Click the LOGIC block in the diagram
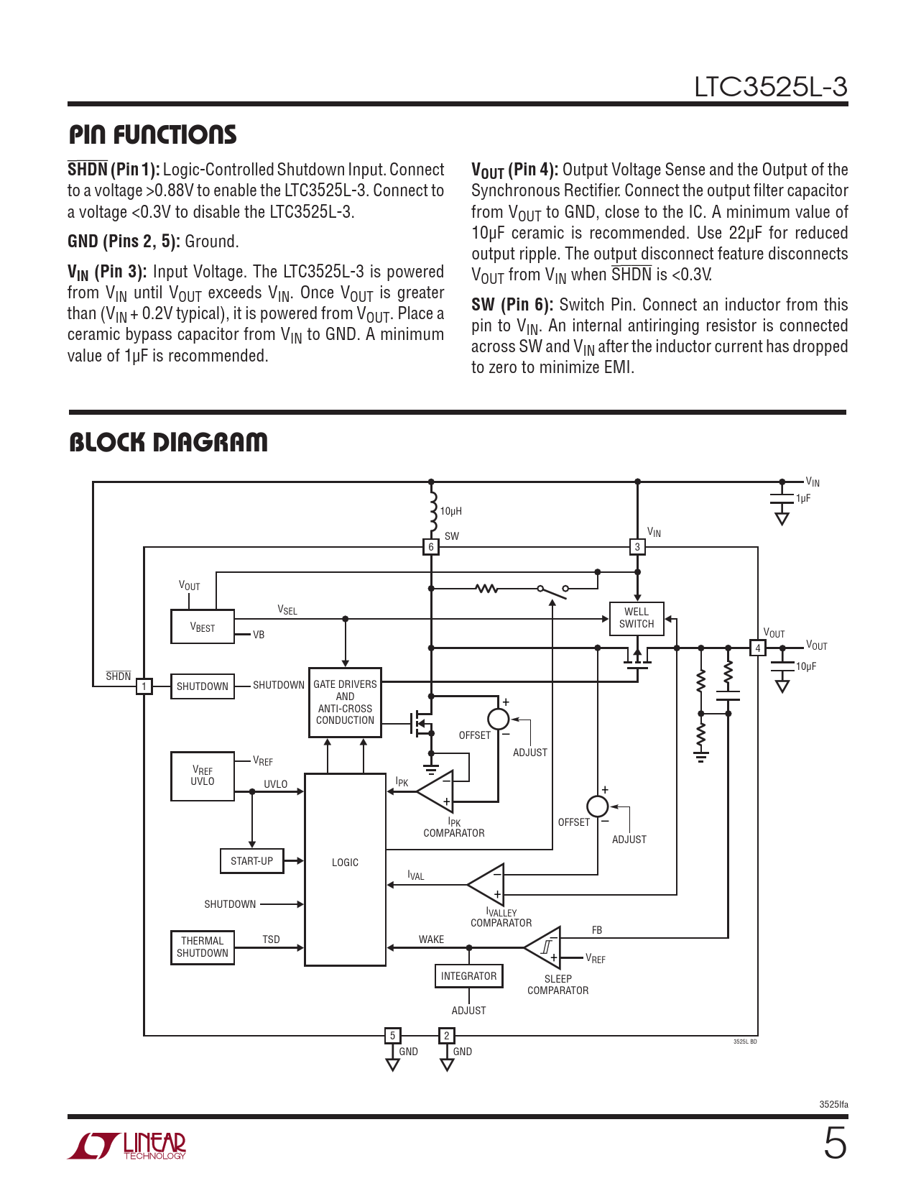(x=345, y=870)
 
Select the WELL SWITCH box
(x=637, y=618)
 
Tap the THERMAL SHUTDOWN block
(x=203, y=947)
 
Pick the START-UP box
(x=251, y=861)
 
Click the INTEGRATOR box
(x=468, y=976)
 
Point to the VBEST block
(x=203, y=627)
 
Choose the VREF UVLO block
(x=203, y=776)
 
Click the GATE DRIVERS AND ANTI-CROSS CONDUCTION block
(x=345, y=702)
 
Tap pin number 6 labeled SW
(x=431, y=547)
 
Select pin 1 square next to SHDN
(x=144, y=686)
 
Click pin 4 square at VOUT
(x=757, y=648)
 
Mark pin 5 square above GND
(x=392, y=1036)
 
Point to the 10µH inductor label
(x=450, y=511)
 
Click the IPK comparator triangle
(x=437, y=791)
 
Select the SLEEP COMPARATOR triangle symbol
(x=545, y=947)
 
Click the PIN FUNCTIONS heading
(x=152, y=134)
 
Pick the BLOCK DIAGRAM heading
(x=168, y=442)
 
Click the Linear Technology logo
(x=127, y=1146)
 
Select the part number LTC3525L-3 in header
(x=770, y=87)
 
